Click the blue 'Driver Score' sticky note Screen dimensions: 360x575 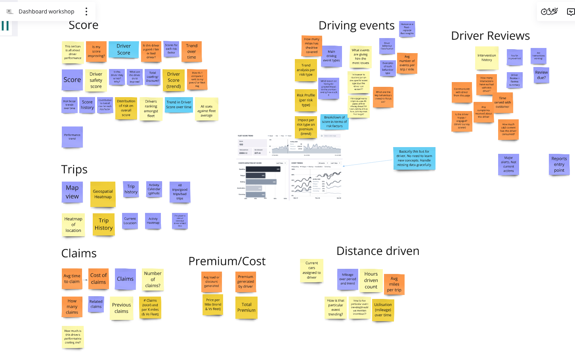pyautogui.click(x=124, y=50)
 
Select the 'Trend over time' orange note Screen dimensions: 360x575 pyautogui.click(x=192, y=52)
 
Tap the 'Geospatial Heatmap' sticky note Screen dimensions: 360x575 pyautogui.click(x=103, y=194)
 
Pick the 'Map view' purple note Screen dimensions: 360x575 pyautogui.click(x=72, y=192)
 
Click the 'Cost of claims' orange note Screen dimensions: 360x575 pyautogui.click(x=98, y=279)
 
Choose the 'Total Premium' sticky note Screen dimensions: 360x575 pyautogui.click(x=246, y=308)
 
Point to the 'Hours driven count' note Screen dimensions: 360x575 pyautogui.click(x=371, y=280)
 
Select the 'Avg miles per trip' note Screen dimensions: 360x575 pyautogui.click(x=394, y=284)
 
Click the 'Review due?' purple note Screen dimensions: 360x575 pyautogui.click(x=541, y=75)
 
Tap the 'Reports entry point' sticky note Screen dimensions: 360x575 pyautogui.click(x=559, y=164)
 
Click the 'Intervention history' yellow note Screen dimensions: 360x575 pyautogui.click(x=487, y=58)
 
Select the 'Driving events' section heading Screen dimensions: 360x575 pyautogui.click(x=356, y=26)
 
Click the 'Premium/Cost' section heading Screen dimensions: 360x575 pyautogui.click(x=227, y=261)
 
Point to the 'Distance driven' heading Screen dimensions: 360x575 pyautogui.click(x=378, y=251)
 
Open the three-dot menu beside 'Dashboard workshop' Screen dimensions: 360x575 pyautogui.click(x=86, y=11)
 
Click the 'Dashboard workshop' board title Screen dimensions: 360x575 pyautogui.click(x=46, y=11)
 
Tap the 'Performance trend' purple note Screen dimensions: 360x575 pyautogui.click(x=72, y=137)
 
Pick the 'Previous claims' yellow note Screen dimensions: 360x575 pyautogui.click(x=121, y=308)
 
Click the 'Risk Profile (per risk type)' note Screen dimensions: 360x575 pyautogui.click(x=306, y=100)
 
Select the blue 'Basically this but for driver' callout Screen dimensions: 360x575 pyautogui.click(x=414, y=158)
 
